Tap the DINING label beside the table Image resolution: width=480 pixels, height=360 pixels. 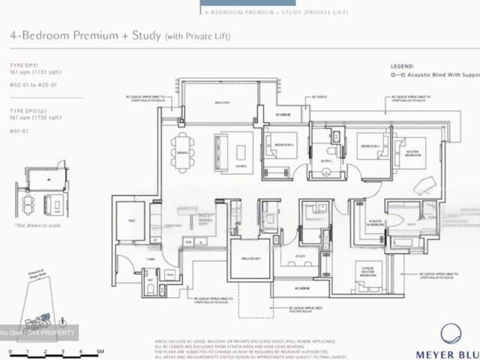183,153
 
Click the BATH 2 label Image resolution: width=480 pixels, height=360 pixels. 325,160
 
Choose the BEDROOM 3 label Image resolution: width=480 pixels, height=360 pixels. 367,144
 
